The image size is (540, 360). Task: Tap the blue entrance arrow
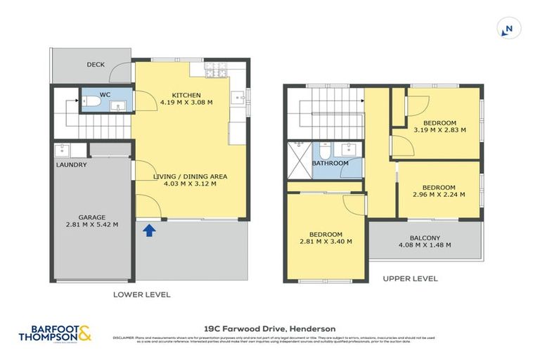click(x=149, y=231)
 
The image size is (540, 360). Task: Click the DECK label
click(x=96, y=65)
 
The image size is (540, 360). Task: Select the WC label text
click(x=104, y=94)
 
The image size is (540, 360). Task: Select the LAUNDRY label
click(x=72, y=165)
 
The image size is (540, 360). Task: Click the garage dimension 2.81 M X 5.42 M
click(x=88, y=225)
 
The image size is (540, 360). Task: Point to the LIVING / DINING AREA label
click(x=191, y=176)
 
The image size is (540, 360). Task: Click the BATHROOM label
click(x=330, y=163)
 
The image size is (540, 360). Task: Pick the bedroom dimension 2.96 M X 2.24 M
click(x=439, y=195)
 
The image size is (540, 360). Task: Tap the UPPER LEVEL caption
click(x=410, y=278)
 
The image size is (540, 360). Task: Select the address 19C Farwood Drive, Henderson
click(x=269, y=328)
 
